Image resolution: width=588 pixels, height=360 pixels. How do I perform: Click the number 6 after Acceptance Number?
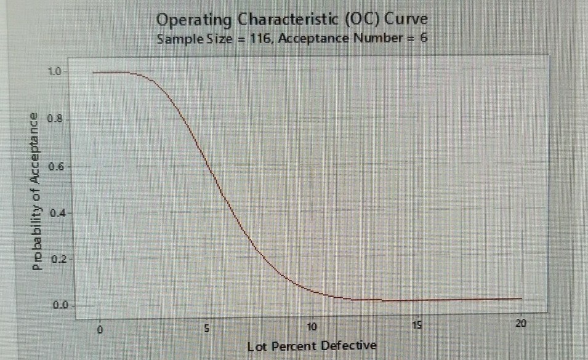[x=424, y=39]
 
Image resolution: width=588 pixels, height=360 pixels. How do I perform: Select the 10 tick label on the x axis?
[x=312, y=327]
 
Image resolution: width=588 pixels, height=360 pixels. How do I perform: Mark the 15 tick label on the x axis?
[x=417, y=326]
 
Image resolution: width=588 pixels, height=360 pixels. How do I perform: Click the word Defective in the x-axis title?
[x=350, y=346]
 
